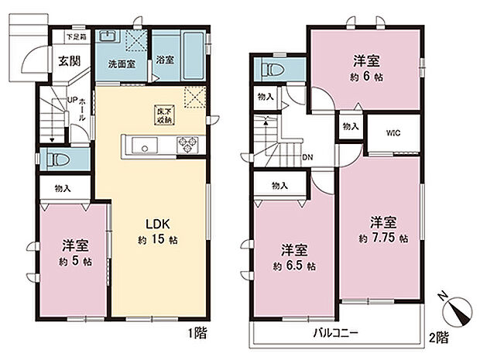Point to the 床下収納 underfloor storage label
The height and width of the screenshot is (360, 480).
click(164, 115)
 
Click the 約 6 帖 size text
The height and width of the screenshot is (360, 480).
click(367, 77)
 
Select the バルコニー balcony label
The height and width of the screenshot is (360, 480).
click(334, 334)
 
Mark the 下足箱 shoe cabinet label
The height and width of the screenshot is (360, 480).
click(74, 36)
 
